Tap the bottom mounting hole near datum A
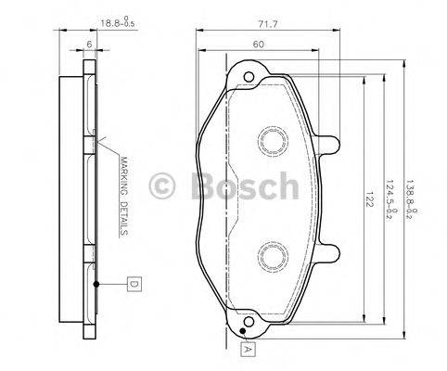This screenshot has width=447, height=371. [244, 322]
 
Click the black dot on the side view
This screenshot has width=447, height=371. [95, 282]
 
